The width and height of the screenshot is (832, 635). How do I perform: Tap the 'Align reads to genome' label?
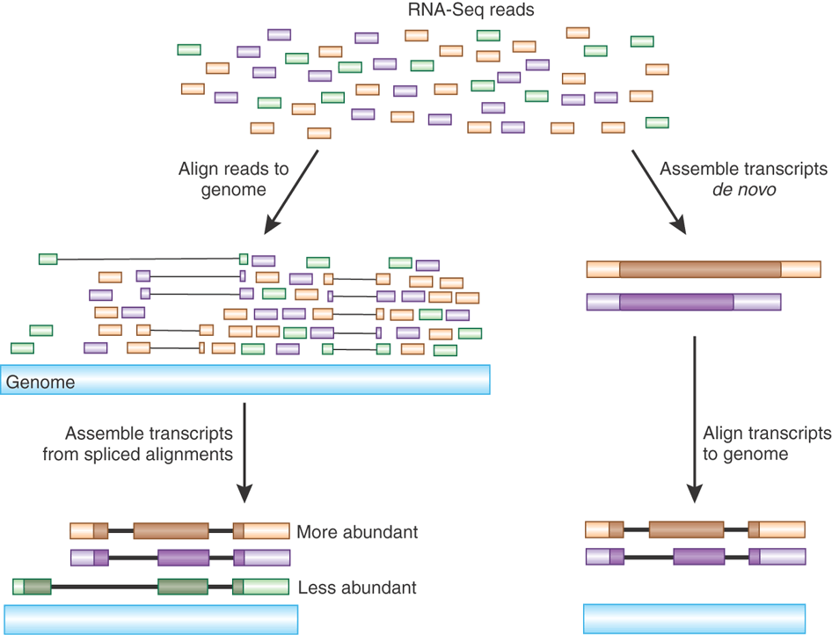[x=233, y=179]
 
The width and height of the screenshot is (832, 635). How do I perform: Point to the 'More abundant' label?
[x=357, y=532]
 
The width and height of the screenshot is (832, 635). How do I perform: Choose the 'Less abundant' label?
[x=357, y=588]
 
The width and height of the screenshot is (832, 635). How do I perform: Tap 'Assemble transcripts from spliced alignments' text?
[x=149, y=444]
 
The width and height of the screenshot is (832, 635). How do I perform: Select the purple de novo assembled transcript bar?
[x=683, y=302]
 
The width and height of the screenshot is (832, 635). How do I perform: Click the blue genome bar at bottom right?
[x=694, y=618]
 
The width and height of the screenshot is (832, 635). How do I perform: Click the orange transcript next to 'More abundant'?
[x=179, y=531]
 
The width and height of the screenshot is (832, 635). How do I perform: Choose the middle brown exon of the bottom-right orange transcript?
[x=686, y=529]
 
